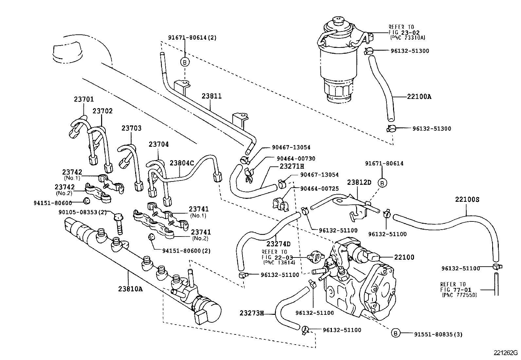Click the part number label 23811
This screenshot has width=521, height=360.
coord(211,96)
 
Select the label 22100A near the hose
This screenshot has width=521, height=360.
coord(419,97)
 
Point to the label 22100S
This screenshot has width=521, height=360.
coord(467,199)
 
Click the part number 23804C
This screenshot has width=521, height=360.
coord(182,163)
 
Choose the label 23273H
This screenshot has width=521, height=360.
coord(251,313)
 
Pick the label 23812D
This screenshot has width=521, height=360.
coord(359,182)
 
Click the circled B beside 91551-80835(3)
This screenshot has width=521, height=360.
coord(396,333)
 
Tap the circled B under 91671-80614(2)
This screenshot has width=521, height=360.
coord(185,62)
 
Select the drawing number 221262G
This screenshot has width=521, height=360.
coord(506,353)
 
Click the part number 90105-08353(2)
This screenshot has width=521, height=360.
coord(83,212)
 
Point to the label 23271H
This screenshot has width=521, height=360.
coord(292,166)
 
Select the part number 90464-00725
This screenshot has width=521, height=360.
coord(319,189)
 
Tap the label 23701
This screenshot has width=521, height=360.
coord(83,99)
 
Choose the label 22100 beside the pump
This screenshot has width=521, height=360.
coord(404,257)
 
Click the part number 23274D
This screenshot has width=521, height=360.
coord(278,244)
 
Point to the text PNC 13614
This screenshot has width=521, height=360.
coord(279,263)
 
